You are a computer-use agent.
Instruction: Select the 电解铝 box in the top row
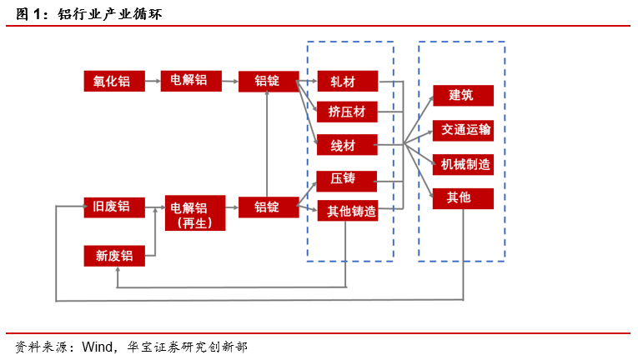[190, 81]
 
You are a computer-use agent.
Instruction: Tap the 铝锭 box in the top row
[267, 81]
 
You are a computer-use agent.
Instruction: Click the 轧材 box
[347, 81]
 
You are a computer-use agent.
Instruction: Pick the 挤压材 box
[347, 112]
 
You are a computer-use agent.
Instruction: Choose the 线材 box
[347, 145]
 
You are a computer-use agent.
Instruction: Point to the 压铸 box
[347, 179]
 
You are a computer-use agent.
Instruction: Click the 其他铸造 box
[347, 211]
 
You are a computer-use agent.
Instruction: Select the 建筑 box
[463, 96]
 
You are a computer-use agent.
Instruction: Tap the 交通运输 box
[463, 130]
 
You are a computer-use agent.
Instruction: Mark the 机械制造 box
[463, 164]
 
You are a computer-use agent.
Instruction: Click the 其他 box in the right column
[463, 198]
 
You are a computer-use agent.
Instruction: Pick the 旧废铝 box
[114, 207]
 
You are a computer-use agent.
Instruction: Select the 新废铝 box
[114, 256]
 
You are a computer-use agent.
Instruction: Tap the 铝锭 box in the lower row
[267, 207]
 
